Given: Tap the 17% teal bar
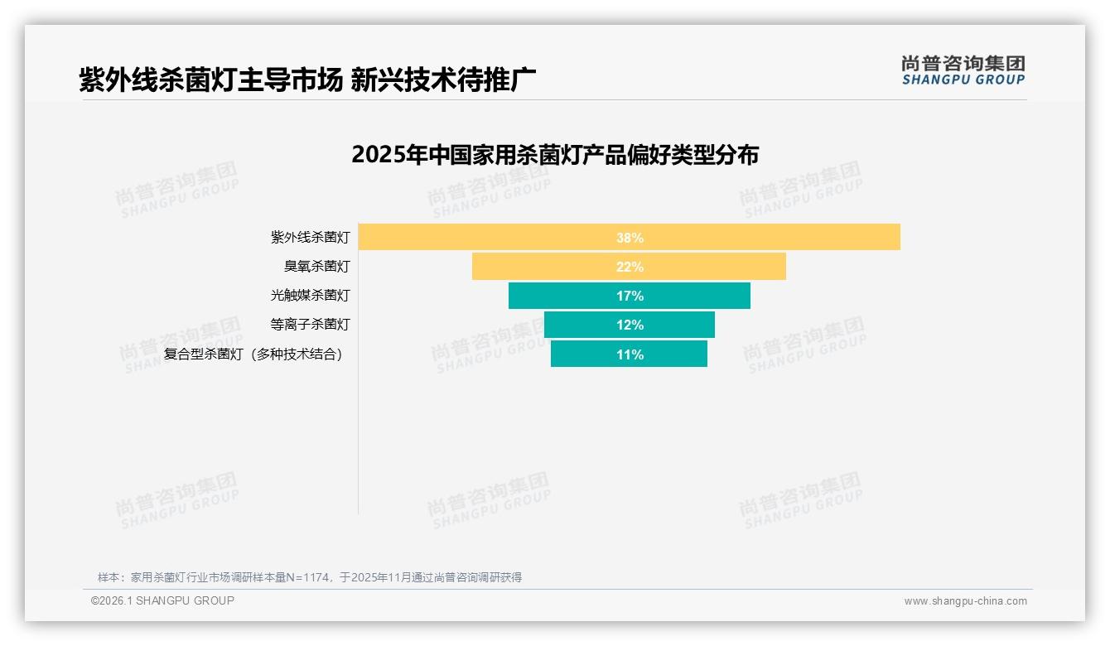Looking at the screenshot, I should pos(563,296).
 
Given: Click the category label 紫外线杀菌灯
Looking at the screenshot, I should pos(311,238).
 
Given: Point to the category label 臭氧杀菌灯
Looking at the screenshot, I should pos(317,267).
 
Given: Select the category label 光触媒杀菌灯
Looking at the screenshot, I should pos(311,296).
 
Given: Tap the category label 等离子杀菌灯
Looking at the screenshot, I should pos(311,325).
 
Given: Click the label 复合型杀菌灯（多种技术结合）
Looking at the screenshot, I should pos(253,354).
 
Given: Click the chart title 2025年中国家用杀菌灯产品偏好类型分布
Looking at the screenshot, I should pos(555,156).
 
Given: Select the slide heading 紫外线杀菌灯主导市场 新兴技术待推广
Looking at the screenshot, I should pos(307,80).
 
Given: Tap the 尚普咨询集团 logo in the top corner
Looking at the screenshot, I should pos(963,70).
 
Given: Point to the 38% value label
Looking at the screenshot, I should pos(630,238).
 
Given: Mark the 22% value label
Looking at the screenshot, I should pos(630,267).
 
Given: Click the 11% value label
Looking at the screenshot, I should pos(630,354).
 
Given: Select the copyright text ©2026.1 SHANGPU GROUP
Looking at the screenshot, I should pos(162,600).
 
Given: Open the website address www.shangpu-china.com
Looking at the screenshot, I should pos(965,601).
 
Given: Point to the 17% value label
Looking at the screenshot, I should pos(630,296).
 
